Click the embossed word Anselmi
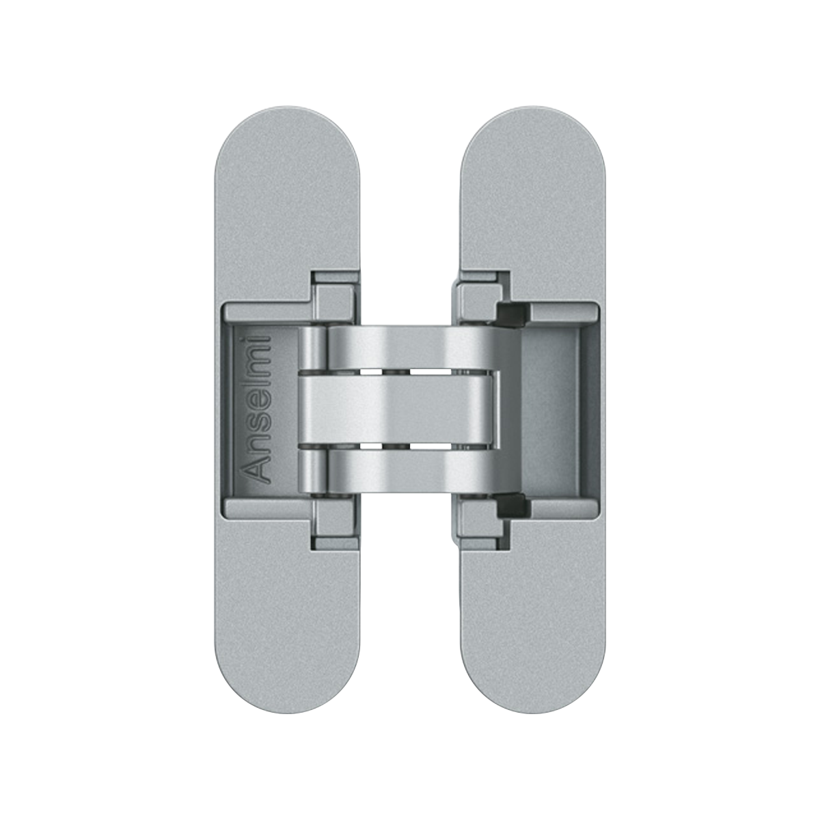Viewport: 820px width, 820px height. click(258, 409)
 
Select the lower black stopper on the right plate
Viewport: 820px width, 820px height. click(513, 502)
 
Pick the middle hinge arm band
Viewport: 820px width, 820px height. click(399, 409)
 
